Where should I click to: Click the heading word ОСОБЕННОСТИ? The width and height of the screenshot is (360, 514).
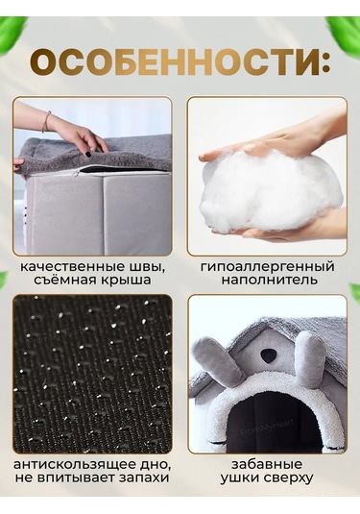(x=175, y=62)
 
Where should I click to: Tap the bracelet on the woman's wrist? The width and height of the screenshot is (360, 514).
(x=47, y=121)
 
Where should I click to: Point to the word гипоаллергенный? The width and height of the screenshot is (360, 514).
(x=268, y=267)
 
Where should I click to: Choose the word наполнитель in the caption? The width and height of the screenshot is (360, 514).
(x=269, y=281)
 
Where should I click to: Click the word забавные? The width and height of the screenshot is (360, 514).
(x=267, y=464)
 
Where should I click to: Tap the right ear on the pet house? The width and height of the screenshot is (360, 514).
(x=312, y=357)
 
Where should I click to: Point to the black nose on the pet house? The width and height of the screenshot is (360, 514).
(x=269, y=355)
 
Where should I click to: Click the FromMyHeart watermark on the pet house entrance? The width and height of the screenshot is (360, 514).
(x=267, y=428)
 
